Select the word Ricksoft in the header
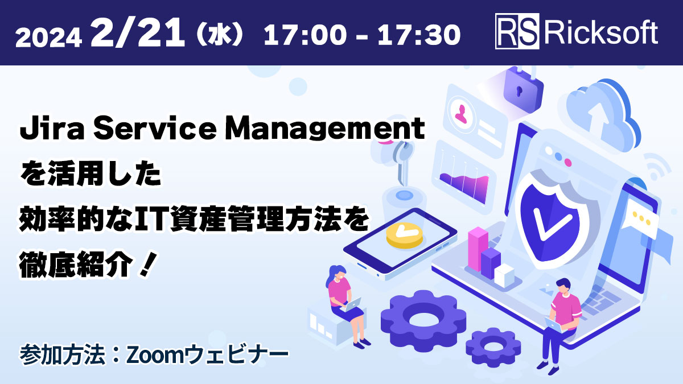[601, 33]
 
